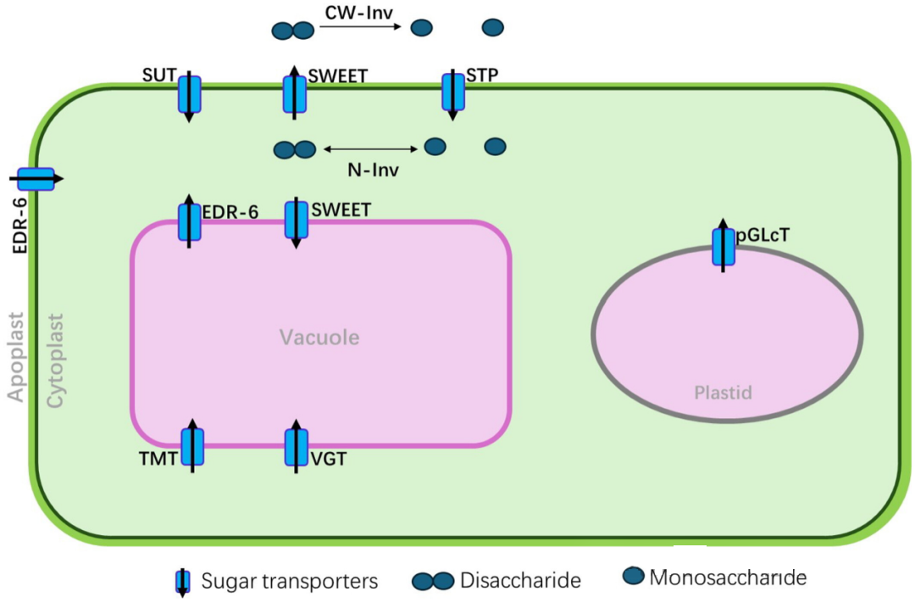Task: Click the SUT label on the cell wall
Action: pos(159,76)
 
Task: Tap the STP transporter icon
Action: pos(453,92)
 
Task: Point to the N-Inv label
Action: pos(374,170)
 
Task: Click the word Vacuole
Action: pos(319,338)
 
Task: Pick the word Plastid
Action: pos(723,393)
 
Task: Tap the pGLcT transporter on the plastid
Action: pos(723,246)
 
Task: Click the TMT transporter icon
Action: pos(192,447)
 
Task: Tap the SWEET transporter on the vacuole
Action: pos(296,221)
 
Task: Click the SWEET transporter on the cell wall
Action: pos(294,93)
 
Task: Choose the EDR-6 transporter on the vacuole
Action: pos(189,222)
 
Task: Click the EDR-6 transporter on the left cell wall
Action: pos(36,179)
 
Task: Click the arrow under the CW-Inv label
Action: pos(359,28)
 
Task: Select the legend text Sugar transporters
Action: pos(289,581)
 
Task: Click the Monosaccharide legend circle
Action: pos(632,577)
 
